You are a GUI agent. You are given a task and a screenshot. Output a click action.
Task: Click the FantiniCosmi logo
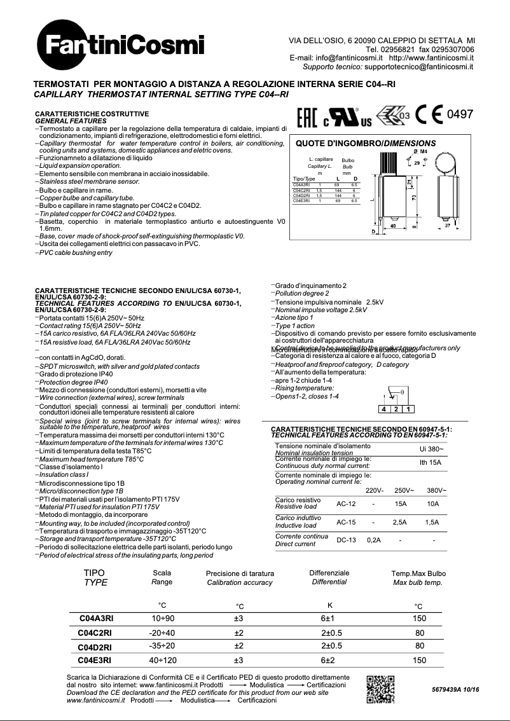(120, 45)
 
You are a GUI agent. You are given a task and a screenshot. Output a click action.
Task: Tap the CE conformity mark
(429, 114)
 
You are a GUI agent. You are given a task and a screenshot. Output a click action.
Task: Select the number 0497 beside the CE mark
(460, 114)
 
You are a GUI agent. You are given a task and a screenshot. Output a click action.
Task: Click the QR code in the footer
(381, 689)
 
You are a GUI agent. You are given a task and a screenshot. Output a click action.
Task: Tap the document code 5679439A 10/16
(455, 689)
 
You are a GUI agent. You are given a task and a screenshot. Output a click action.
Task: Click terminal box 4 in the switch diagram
(384, 409)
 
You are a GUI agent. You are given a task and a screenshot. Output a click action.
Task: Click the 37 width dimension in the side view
(447, 226)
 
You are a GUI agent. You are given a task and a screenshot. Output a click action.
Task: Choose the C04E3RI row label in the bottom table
(95, 660)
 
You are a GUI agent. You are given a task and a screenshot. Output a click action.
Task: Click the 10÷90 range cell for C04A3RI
(163, 618)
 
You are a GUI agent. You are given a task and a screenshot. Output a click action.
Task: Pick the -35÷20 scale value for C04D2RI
(163, 646)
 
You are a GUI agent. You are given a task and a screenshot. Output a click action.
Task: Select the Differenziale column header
(329, 573)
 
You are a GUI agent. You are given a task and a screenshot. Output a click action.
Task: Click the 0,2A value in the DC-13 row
(374, 540)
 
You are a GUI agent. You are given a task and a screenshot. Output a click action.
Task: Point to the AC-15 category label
(346, 522)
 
